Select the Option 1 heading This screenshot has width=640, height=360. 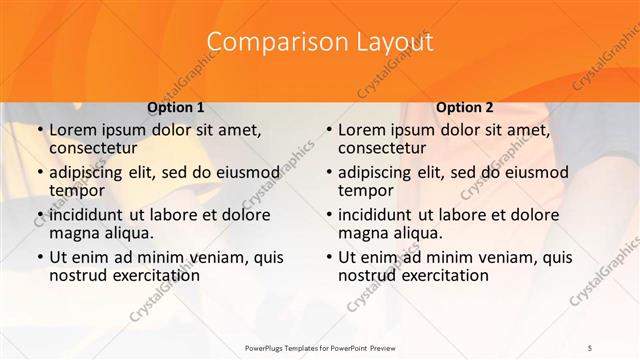(175, 107)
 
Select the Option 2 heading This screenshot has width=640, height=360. (464, 107)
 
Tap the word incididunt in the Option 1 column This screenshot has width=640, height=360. (87, 214)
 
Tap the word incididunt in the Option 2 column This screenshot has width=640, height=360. (376, 214)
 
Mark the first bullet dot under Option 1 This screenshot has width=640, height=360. (39, 131)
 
